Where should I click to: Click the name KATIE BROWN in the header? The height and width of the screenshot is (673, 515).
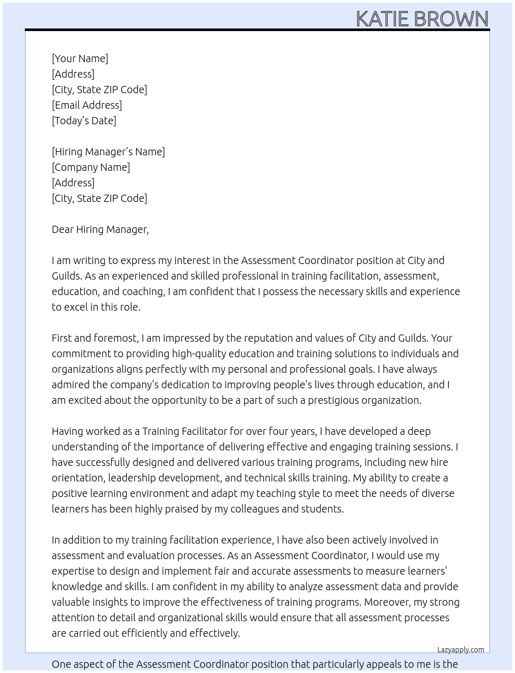(422, 19)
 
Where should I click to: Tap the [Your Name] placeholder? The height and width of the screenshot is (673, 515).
(80, 58)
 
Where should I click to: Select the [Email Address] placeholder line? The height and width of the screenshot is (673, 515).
(87, 105)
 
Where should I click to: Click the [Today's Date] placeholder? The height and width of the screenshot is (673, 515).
(84, 121)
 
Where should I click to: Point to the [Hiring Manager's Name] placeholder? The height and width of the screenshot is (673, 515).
(108, 152)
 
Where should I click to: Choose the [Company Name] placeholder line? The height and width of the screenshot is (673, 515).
(90, 167)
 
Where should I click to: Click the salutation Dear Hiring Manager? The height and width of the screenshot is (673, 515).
(100, 229)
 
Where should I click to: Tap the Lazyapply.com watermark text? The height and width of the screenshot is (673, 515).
(460, 650)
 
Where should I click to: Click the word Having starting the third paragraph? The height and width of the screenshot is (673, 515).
(67, 431)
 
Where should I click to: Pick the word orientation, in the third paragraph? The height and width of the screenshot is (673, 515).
(78, 478)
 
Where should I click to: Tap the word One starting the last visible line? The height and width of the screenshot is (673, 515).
(60, 664)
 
